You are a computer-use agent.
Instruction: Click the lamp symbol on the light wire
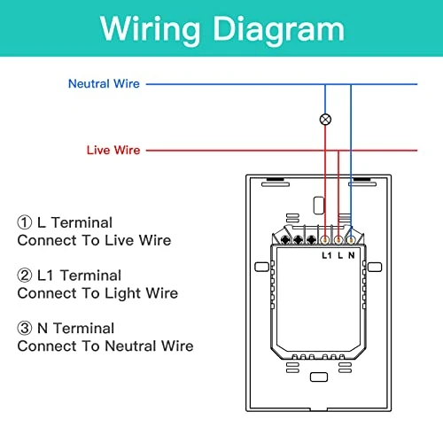325,118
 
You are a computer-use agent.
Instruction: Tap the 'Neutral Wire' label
103,84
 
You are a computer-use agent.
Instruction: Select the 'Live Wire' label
113,151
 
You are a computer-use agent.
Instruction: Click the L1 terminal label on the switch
325,256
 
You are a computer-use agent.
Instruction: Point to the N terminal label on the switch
353,256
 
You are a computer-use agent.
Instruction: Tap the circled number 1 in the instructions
24,223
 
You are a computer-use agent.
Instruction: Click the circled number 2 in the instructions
24,276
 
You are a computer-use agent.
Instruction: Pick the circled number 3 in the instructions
24,329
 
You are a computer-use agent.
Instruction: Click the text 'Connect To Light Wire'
97,293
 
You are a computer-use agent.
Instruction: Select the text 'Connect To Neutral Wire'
105,346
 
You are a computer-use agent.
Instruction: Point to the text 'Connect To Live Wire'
94,240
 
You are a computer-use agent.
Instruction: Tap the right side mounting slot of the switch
377,267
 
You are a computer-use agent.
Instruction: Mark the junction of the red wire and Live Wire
338,151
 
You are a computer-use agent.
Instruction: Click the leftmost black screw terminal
285,239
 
